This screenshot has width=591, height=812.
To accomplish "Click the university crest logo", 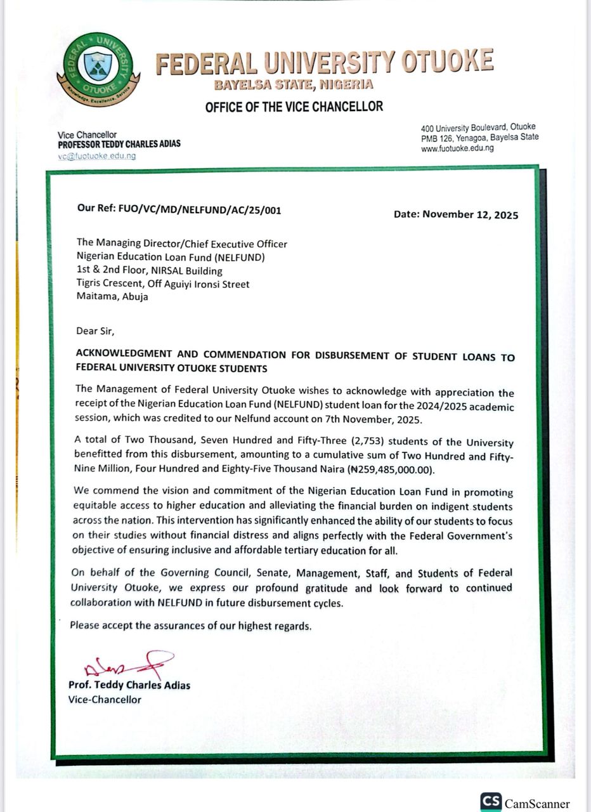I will tap(98, 69).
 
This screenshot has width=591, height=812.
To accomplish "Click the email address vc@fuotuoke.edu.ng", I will tap(97, 156).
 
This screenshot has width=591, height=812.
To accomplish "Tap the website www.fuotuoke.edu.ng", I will tap(457, 148).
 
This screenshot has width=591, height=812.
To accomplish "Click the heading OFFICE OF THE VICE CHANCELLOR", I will tap(294, 107).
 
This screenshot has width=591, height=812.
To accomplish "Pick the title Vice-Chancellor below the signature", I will tap(105, 699).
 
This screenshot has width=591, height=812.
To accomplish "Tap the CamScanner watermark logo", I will tap(525, 802).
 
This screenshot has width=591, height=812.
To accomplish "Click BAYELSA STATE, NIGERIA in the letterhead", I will tap(293, 84).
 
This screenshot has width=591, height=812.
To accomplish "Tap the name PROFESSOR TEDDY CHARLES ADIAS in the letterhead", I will tap(119, 144).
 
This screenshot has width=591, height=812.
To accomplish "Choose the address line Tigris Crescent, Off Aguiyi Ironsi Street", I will tap(163, 284).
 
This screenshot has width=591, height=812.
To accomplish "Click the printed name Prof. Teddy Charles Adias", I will tap(129, 685).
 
